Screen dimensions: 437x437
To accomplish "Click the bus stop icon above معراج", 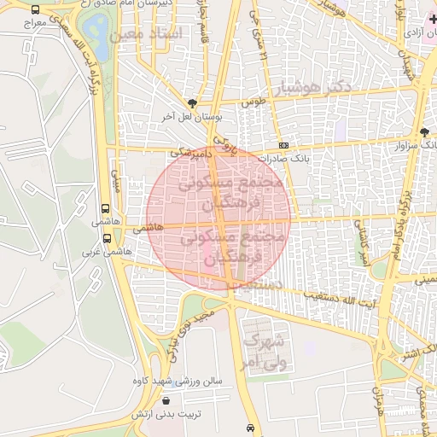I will tap(34, 10).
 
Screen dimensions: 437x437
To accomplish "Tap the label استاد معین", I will tap(147, 35).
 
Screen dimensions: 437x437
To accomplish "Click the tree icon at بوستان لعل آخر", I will tap(192, 102).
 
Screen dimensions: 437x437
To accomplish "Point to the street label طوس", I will tap(252, 102).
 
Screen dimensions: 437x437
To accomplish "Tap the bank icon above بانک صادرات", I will tap(283, 145).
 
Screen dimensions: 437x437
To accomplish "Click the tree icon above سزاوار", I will tap(425, 131).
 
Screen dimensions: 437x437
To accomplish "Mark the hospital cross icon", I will tap(431, 18).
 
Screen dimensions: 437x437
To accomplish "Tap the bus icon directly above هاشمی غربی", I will tap(108, 239).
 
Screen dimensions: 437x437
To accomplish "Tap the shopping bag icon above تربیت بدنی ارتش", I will tap(165, 399).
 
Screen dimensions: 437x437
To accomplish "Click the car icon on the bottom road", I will tap(248, 428).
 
